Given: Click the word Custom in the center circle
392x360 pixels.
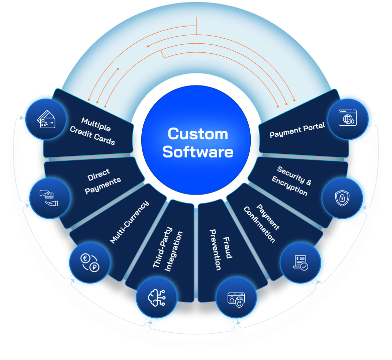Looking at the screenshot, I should (x=198, y=134).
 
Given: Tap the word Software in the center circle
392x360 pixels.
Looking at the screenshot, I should (x=198, y=151).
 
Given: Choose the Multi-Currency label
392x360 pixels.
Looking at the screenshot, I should (x=129, y=222).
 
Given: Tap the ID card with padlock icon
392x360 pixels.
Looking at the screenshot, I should (x=235, y=300).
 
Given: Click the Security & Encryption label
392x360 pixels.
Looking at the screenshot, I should (x=291, y=181).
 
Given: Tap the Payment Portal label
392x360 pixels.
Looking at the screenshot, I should (x=298, y=130).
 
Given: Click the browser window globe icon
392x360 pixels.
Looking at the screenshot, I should (x=347, y=119).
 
